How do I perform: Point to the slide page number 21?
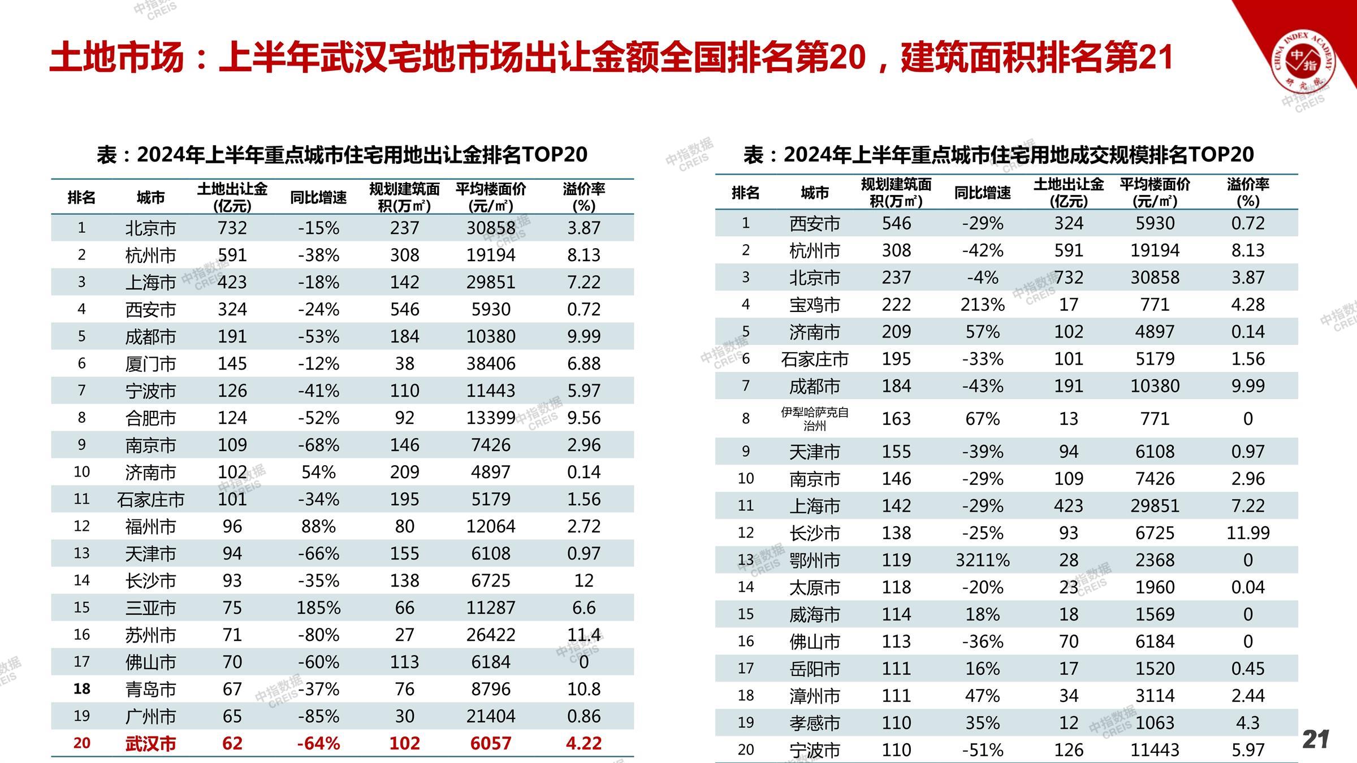[1316, 739]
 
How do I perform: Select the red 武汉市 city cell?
[150, 743]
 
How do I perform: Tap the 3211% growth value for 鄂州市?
[983, 560]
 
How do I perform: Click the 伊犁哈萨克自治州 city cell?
[814, 419]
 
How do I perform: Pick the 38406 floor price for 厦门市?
[491, 363]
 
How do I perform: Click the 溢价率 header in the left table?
[584, 197]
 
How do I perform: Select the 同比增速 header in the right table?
[983, 193]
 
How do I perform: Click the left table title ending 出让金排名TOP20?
[342, 154]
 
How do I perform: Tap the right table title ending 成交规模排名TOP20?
[999, 154]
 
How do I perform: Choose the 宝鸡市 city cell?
[814, 305]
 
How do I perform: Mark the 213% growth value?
[983, 305]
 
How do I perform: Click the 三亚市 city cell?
[150, 608]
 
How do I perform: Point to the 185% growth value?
[318, 608]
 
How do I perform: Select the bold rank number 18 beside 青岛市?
[82, 689]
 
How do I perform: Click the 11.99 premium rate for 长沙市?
[1248, 533]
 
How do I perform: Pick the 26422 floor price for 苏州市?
[491, 635]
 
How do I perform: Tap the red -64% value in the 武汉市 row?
[318, 743]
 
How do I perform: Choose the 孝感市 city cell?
[814, 723]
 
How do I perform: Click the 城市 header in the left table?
[150, 197]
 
